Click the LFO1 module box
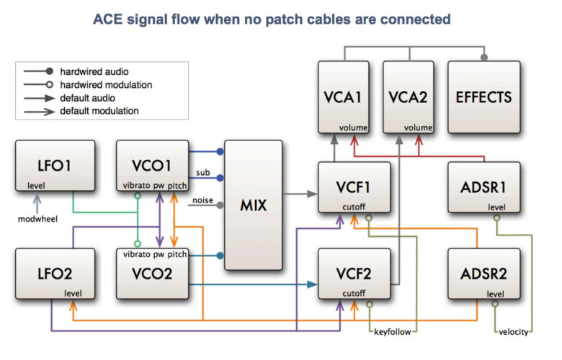click(54, 166)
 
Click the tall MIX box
click(254, 205)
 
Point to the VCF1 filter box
click(354, 188)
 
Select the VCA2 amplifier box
click(408, 96)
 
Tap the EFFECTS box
click(483, 96)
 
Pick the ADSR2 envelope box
click(483, 274)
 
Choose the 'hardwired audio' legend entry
click(91, 71)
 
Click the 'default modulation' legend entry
click(99, 112)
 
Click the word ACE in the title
click(110, 19)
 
